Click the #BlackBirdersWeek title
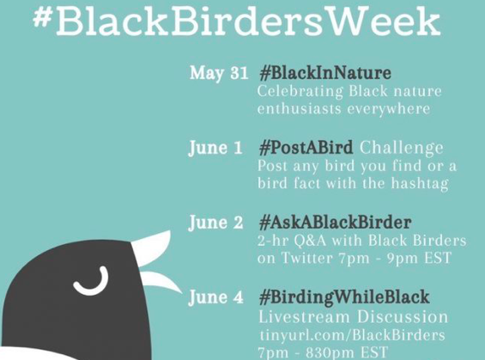237,21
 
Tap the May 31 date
219,73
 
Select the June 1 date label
215,148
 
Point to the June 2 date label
215,223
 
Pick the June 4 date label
215,297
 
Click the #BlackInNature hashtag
325,73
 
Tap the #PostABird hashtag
306,148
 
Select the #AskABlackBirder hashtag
336,223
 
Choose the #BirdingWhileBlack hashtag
344,297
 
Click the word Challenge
401,149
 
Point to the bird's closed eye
92,281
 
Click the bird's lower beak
161,281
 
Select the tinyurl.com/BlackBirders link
352,335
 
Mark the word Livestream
305,317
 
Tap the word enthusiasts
299,109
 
